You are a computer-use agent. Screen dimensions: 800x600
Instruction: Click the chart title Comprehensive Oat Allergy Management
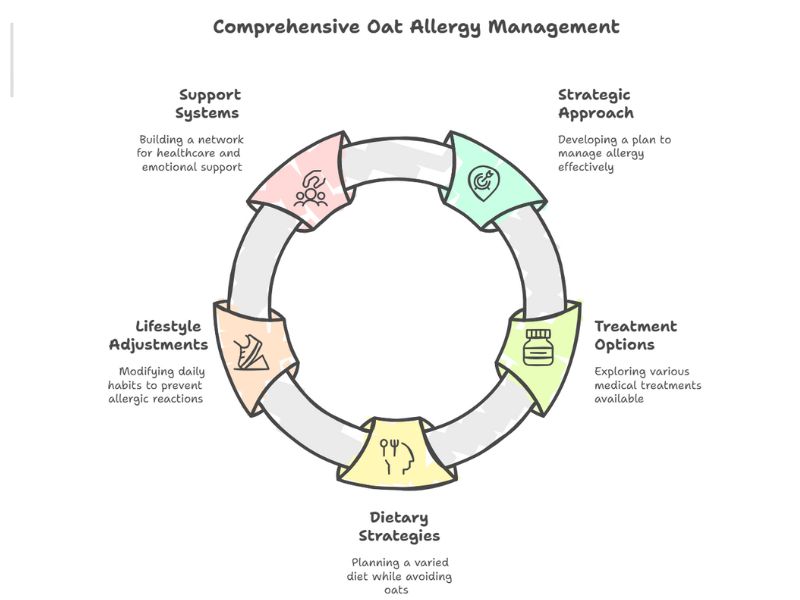coord(416,28)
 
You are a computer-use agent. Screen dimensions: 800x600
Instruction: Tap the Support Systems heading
coord(208,104)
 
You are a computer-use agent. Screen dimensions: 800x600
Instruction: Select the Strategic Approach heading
coord(596,104)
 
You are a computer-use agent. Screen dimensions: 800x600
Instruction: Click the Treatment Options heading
coord(636,335)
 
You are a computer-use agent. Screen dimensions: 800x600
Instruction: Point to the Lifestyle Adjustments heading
coord(159,335)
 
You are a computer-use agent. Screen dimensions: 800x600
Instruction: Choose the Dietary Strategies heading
coord(399,527)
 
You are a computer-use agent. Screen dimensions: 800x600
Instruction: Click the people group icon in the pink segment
coord(310,189)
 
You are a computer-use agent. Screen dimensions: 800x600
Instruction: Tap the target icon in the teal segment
coord(483,183)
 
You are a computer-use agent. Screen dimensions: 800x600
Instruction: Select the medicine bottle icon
coord(538,347)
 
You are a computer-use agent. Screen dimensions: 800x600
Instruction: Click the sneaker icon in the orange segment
coord(251,352)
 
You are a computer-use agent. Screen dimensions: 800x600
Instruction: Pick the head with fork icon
coord(398,457)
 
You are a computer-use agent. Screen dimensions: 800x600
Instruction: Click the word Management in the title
coord(554,28)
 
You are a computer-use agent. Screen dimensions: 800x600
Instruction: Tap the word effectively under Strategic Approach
coord(586,167)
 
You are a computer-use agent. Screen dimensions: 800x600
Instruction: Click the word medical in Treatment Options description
coord(615,385)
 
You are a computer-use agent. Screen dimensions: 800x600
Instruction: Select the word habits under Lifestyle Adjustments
coord(122,385)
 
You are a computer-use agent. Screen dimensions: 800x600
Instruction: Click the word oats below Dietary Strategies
coord(396,590)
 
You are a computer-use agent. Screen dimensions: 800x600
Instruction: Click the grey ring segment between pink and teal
coord(397,159)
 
